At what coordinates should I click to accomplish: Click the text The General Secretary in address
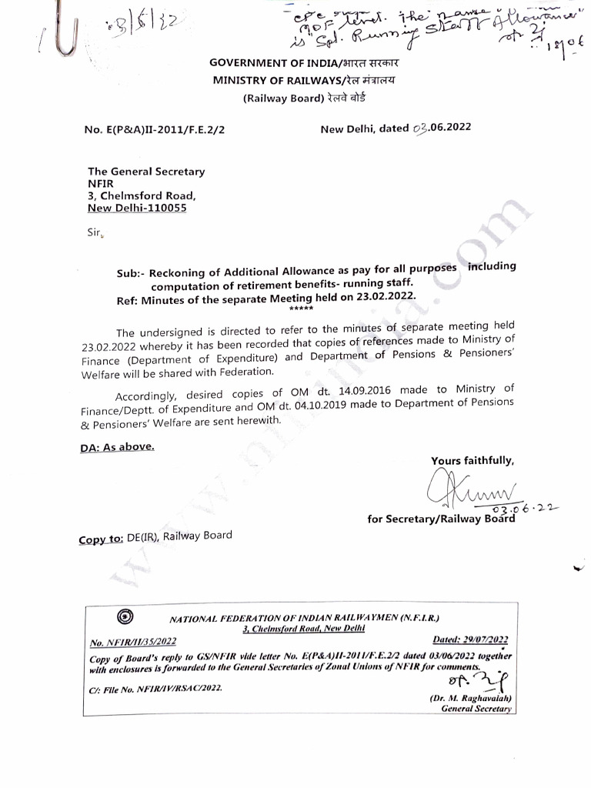click(146, 172)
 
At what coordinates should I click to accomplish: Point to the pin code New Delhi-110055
click(137, 208)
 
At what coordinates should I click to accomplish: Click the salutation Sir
click(95, 230)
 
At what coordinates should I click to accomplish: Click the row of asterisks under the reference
click(301, 308)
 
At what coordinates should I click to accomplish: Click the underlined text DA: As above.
click(117, 446)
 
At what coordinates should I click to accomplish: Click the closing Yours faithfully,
click(472, 461)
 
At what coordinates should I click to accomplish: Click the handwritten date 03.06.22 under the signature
click(524, 509)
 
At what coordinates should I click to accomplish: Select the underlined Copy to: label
click(101, 539)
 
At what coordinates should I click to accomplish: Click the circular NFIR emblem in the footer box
click(125, 616)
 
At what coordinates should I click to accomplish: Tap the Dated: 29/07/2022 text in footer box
click(470, 639)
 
